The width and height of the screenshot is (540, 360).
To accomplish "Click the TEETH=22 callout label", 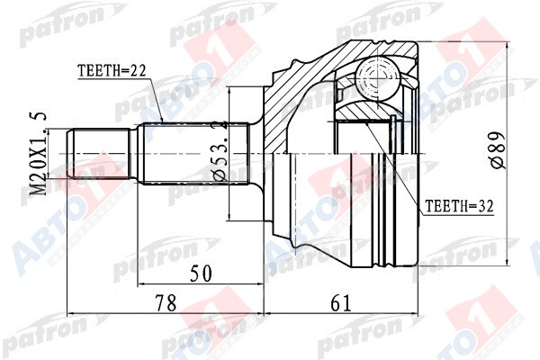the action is point(112,71).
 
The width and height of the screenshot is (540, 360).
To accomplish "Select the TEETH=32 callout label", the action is point(459,206).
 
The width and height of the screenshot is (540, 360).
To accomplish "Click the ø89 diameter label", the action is point(499,151).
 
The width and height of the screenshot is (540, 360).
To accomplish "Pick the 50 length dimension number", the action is point(202,274).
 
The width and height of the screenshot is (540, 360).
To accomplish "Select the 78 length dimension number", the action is point(166,303).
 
